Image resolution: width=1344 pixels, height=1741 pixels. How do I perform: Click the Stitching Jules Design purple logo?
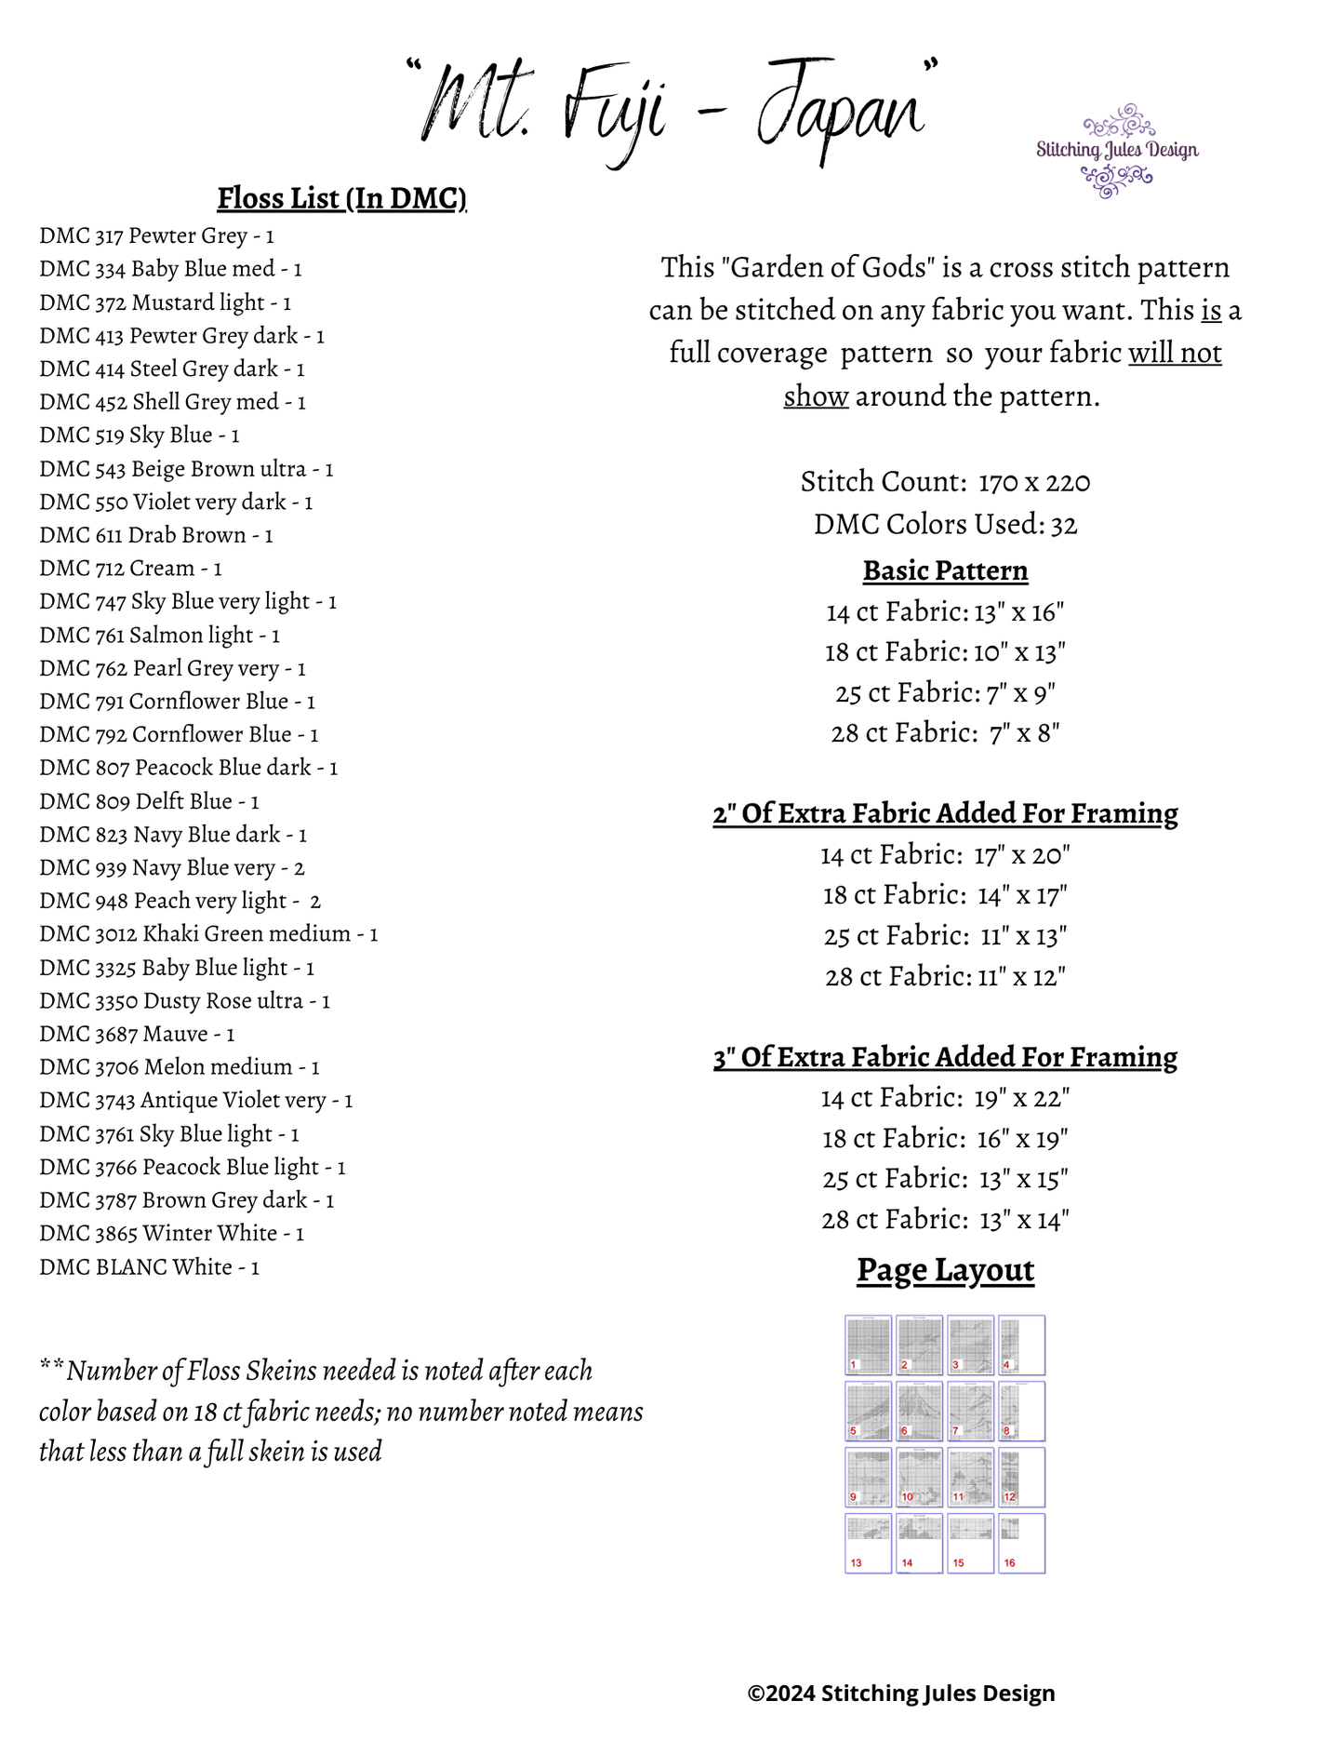pos(1116,151)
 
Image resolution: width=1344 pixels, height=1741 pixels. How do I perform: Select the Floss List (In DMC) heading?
pos(341,198)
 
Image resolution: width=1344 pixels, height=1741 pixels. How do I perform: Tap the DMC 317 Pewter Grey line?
pos(156,236)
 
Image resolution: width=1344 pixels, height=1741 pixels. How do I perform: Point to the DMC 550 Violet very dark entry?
pos(176,502)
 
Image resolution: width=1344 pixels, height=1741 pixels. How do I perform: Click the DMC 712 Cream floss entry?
pos(130,569)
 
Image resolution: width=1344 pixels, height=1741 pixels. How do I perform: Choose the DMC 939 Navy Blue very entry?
pos(172,868)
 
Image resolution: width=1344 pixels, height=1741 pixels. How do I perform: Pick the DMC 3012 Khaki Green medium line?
pos(208,934)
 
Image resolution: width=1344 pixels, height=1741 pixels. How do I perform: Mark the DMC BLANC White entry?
pos(149,1267)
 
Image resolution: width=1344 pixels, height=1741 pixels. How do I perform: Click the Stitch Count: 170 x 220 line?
pos(945,482)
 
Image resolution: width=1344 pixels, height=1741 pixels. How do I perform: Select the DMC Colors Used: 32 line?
pos(945,525)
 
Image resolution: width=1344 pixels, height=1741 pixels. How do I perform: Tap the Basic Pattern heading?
pos(945,570)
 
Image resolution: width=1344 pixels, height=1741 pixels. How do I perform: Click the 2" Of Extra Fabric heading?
pos(945,813)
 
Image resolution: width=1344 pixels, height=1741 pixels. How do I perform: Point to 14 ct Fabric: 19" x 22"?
pos(945,1098)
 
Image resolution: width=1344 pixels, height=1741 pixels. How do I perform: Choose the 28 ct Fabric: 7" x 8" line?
pos(945,733)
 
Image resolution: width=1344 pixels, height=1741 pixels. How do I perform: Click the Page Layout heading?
pos(945,1270)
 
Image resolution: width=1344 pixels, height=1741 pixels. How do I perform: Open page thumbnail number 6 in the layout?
pos(919,1411)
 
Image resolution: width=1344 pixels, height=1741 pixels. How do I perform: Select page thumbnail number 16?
pos(1021,1543)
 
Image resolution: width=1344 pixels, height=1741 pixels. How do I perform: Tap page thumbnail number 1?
pos(868,1345)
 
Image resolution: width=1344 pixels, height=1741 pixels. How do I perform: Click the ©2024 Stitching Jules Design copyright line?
pos(900,1694)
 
